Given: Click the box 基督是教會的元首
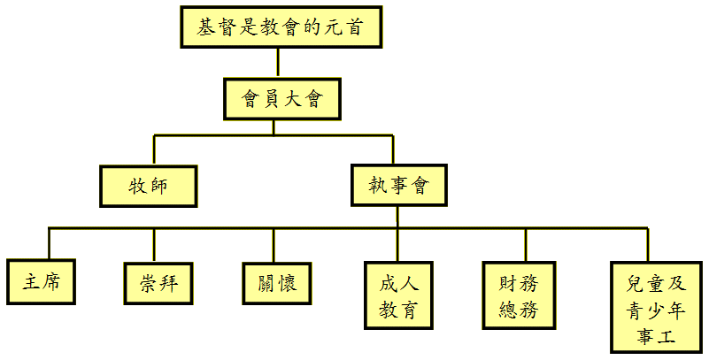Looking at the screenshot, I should [280, 27].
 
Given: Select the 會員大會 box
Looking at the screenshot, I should [280, 98].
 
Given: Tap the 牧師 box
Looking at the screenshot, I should [147, 186].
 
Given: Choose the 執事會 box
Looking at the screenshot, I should [398, 186].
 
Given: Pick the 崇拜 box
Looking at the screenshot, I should [156, 284].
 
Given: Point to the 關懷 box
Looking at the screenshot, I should [275, 284].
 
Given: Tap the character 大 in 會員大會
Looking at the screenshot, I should [291, 98].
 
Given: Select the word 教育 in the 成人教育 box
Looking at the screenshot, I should [398, 310].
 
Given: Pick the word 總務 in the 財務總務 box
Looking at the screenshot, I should [519, 310].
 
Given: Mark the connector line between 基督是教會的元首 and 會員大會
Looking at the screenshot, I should [278, 62].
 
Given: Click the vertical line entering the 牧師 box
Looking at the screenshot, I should [154, 149].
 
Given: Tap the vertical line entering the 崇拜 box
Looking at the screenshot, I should [154, 244].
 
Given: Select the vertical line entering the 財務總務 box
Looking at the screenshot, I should [525, 244].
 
